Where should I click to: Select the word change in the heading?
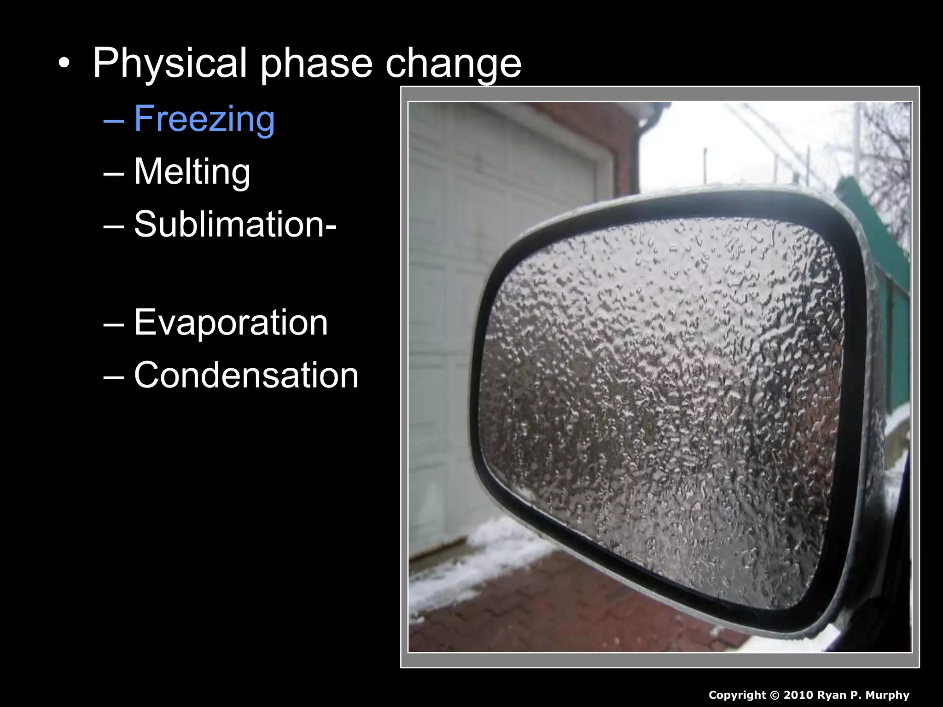[x=453, y=64]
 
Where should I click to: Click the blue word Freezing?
[x=204, y=119]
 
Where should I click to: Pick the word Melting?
[x=192, y=172]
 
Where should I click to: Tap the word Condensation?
[x=246, y=375]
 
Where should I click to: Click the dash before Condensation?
[x=114, y=377]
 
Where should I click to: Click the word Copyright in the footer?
[x=737, y=695]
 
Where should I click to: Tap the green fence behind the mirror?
[x=896, y=322]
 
